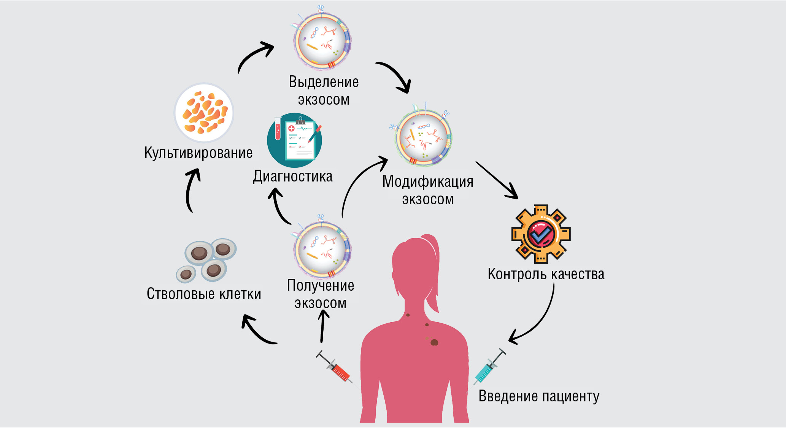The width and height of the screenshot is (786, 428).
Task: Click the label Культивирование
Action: [x=198, y=153]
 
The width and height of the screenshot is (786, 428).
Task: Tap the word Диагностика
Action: [x=293, y=177]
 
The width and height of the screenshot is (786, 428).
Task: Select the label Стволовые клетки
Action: [x=204, y=294]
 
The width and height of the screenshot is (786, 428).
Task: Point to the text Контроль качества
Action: [x=546, y=274]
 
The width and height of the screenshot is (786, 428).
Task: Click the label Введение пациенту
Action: [x=539, y=396]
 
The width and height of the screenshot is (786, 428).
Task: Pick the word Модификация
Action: [x=428, y=182]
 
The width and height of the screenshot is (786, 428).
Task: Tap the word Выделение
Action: [x=324, y=82]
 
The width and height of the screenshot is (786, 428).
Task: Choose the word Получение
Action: [x=321, y=286]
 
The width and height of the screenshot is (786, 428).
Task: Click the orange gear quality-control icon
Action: [x=541, y=234]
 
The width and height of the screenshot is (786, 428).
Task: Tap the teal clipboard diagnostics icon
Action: [x=295, y=140]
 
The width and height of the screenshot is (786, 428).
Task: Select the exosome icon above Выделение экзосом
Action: [x=322, y=40]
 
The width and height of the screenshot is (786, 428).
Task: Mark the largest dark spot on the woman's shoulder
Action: [x=434, y=342]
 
